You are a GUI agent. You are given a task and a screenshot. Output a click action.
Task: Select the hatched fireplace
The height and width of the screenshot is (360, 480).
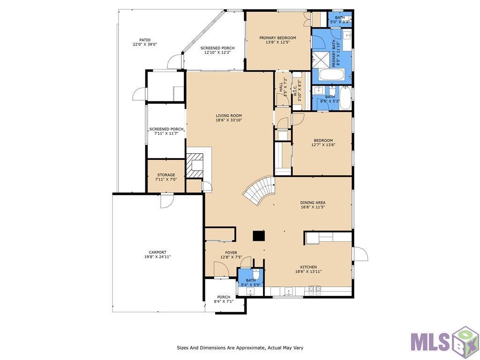[195, 165]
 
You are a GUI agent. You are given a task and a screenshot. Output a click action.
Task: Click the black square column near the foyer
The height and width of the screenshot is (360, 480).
[259, 236]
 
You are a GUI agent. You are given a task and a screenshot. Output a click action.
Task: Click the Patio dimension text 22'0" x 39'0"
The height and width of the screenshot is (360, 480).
[145, 44]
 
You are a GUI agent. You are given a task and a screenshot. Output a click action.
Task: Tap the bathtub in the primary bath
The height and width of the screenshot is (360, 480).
[332, 75]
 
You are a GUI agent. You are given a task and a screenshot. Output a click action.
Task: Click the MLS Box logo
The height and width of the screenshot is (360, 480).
[444, 342]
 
